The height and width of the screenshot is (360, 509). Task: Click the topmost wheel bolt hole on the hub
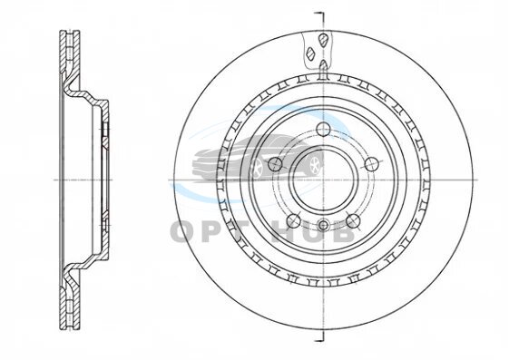(323, 130)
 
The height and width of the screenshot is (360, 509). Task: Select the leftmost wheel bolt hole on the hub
(275, 164)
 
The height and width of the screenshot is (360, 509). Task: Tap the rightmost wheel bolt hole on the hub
(371, 164)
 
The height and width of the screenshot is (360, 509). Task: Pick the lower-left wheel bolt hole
(294, 221)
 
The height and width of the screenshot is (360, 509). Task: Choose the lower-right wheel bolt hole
(353, 221)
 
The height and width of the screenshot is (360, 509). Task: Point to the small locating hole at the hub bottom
(324, 225)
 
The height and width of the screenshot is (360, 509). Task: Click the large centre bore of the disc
(324, 180)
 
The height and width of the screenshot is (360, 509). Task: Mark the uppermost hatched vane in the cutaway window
(323, 40)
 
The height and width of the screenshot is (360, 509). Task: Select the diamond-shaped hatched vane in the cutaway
(310, 54)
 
